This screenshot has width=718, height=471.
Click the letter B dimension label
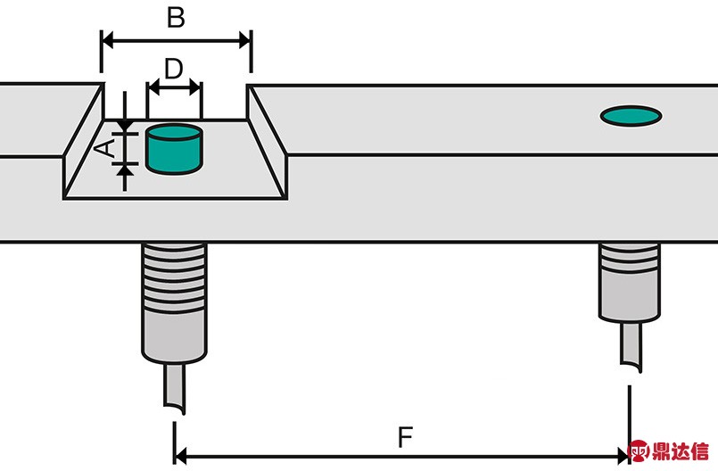pyautogui.click(x=176, y=18)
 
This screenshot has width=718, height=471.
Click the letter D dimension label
pyautogui.click(x=174, y=70)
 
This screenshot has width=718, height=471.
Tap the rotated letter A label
pyautogui.click(x=105, y=148)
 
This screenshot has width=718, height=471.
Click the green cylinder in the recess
pyautogui.click(x=174, y=149)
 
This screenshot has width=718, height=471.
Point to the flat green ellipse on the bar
pyautogui.click(x=631, y=116)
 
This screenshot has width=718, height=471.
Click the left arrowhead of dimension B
pyautogui.click(x=107, y=41)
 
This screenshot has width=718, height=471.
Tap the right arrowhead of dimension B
pyautogui.click(x=245, y=41)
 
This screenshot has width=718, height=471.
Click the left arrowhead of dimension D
pyautogui.click(x=153, y=87)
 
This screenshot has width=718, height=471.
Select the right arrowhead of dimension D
pyautogui.click(x=195, y=87)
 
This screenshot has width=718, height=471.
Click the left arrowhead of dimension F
pyautogui.click(x=180, y=457)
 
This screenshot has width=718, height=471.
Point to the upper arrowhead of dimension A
pyautogui.click(x=125, y=126)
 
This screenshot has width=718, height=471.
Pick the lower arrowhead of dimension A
pyautogui.click(x=125, y=171)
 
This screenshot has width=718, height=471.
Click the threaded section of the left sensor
pyautogui.click(x=174, y=277)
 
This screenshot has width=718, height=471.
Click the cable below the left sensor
pyautogui.click(x=175, y=388)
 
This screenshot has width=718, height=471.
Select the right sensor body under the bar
pyautogui.click(x=630, y=283)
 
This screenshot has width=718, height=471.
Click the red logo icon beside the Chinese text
pyautogui.click(x=639, y=450)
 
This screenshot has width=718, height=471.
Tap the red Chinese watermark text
pyautogui.click(x=680, y=451)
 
